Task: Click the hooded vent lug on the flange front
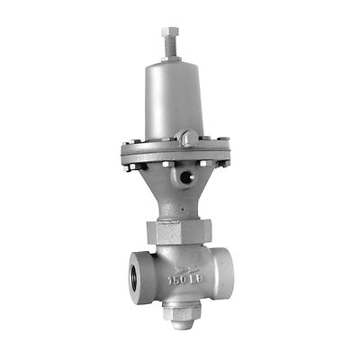(188, 138)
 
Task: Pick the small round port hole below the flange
(186, 177)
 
